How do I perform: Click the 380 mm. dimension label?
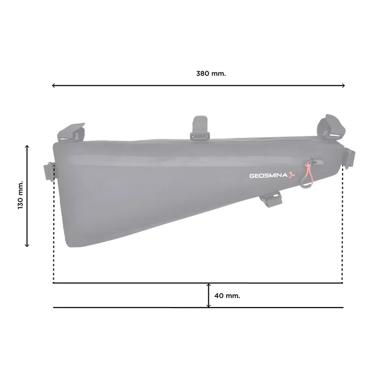[211, 73]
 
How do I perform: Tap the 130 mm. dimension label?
[21, 195]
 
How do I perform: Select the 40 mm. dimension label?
[227, 296]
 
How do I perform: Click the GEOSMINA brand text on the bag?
[269, 176]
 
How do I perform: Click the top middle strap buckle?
[200, 128]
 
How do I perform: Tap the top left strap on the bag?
[71, 132]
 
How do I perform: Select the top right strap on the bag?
[331, 126]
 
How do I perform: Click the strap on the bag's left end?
[49, 172]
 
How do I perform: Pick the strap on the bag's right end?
[349, 158]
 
